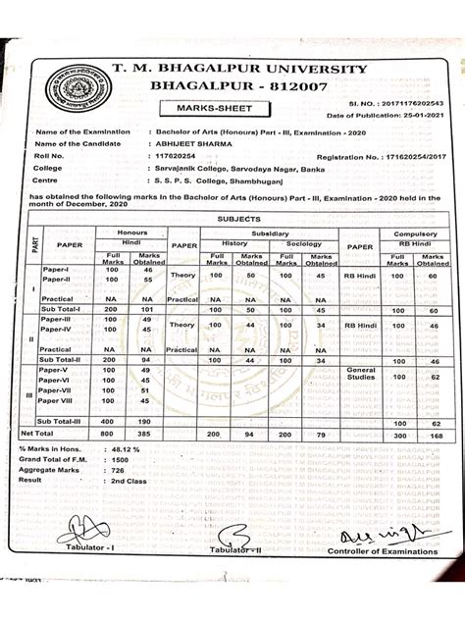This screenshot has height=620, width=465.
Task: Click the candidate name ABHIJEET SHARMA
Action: tap(182, 143)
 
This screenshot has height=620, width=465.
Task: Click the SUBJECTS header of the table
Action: tap(238, 221)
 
